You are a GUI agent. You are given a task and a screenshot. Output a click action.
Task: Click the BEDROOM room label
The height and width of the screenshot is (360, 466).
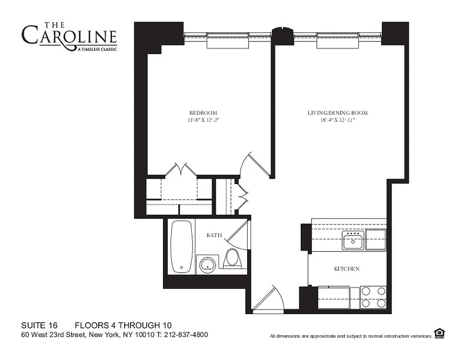click(x=203, y=112)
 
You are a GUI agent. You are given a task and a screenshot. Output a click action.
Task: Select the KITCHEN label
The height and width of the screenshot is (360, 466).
click(x=346, y=269)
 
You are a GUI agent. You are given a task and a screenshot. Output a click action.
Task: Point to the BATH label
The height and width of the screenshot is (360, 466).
click(x=214, y=235)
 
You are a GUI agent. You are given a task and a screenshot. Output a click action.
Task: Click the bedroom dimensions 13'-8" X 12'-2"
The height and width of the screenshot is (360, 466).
click(x=203, y=120)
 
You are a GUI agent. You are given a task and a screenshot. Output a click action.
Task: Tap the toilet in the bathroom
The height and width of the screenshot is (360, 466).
click(x=232, y=259)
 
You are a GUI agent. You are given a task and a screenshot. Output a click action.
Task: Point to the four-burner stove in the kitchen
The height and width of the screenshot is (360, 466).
click(x=373, y=297)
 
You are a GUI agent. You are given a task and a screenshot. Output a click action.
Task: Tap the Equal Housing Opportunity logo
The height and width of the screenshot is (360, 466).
click(x=439, y=333)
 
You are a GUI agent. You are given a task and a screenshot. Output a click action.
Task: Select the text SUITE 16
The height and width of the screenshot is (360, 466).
click(x=39, y=325)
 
